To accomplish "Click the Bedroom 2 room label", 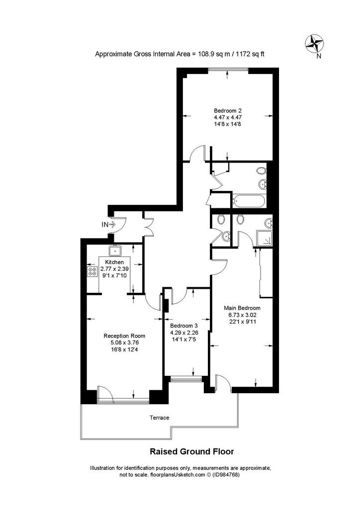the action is pyautogui.click(x=228, y=110).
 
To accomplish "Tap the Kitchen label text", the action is pyautogui.click(x=114, y=262).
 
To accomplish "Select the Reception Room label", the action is pyautogui.click(x=124, y=336).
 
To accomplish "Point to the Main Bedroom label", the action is pyautogui.click(x=242, y=308).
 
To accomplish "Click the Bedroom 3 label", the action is pyautogui.click(x=184, y=326).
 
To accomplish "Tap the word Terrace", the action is pyautogui.click(x=160, y=418).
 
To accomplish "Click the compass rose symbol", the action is pyautogui.click(x=315, y=44).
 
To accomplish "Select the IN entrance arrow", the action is pyautogui.click(x=113, y=224).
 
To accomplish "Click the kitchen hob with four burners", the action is pyautogui.click(x=92, y=271).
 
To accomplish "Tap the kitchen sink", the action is pyautogui.click(x=115, y=251).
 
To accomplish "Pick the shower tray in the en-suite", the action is pyautogui.click(x=265, y=238).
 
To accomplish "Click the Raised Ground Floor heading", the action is pyautogui.click(x=191, y=451).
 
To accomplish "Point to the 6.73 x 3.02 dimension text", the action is pyautogui.click(x=242, y=315).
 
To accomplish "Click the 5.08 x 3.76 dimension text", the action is pyautogui.click(x=124, y=342).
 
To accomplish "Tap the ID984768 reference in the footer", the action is pyautogui.click(x=226, y=475).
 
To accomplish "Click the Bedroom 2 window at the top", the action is pyautogui.click(x=228, y=69).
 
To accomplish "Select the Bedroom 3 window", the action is pyautogui.click(x=186, y=378).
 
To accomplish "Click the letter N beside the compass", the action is pyautogui.click(x=319, y=56).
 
